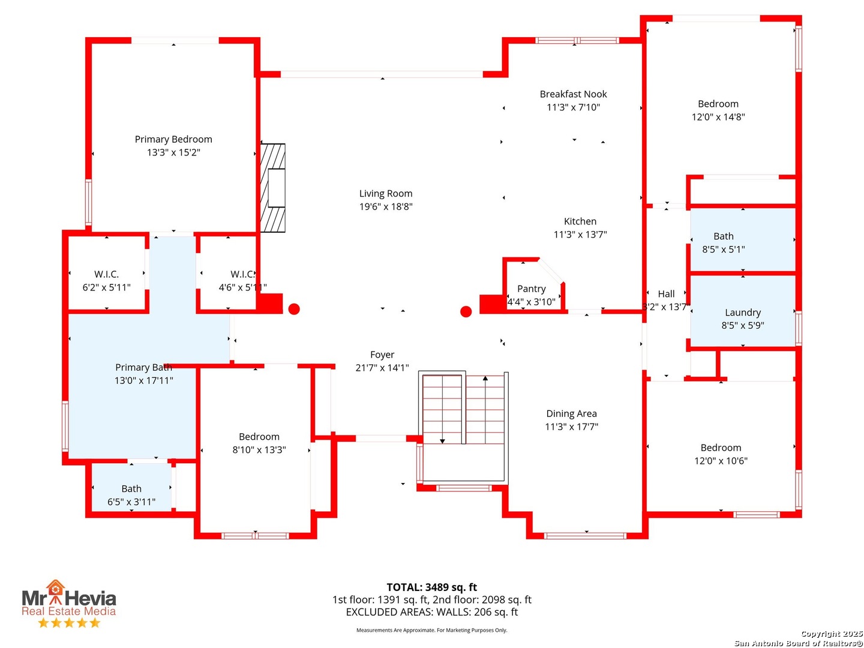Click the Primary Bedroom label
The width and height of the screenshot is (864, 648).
[173, 139]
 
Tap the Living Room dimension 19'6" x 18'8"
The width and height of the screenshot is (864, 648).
[386, 207]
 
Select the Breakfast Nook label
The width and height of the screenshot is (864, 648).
[573, 94]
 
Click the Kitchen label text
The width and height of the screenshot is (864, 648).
[580, 221]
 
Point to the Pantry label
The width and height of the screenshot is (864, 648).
[531, 289]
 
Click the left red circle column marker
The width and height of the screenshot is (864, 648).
[294, 309]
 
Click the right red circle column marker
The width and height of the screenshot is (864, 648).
[466, 311]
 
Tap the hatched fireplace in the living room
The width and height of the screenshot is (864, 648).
[273, 188]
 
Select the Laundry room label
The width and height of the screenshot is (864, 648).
[742, 313]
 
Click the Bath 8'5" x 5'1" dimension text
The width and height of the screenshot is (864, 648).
[723, 250]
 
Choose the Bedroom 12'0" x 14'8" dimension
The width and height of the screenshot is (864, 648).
[718, 117]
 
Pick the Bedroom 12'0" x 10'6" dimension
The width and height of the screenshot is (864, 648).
[721, 461]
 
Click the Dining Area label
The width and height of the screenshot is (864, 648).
[571, 413]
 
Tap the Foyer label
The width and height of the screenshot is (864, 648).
[382, 355]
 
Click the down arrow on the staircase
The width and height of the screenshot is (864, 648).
[442, 440]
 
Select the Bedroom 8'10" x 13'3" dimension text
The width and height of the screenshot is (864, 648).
[259, 450]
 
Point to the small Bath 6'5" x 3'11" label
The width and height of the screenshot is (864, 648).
[131, 489]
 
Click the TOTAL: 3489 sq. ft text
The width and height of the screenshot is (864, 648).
[431, 587]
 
